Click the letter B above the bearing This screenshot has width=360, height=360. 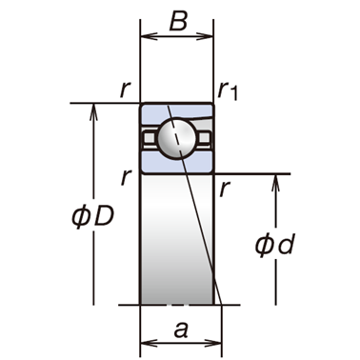coord(178,21)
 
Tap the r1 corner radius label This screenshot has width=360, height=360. coord(228,90)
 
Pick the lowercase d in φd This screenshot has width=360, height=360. coord(285,245)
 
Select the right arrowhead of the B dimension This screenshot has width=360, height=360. coord(205,36)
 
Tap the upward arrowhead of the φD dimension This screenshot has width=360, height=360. coord(93,111)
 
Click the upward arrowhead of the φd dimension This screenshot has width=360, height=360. coord(275,183)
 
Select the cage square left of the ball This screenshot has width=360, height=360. coord(149,137)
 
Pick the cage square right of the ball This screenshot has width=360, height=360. coord(205,137)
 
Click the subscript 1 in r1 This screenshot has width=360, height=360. coord(233,94)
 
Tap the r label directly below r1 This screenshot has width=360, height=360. coord(225,190)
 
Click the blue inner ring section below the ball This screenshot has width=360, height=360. coord(177,162)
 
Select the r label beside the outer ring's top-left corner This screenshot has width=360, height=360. coord(126,90)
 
